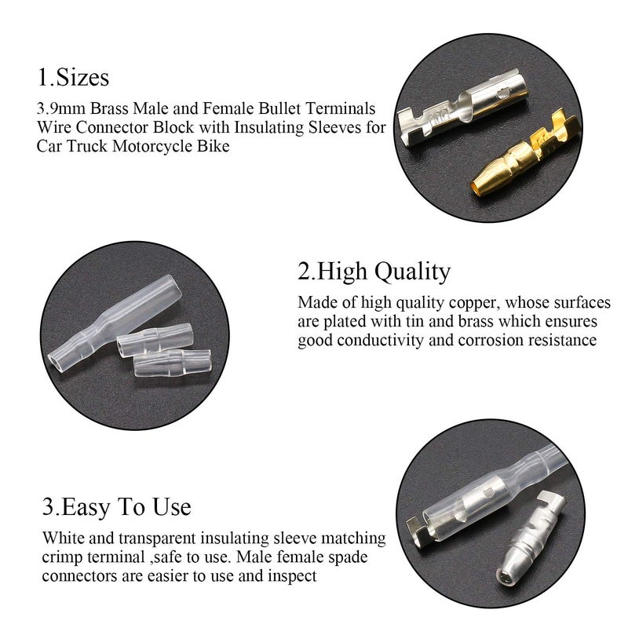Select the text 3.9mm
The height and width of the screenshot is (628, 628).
pos(60,108)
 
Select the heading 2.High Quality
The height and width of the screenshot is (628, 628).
pos(374,272)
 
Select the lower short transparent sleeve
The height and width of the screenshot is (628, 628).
pos(171,363)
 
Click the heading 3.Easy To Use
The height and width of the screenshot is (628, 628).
pos(116,506)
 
